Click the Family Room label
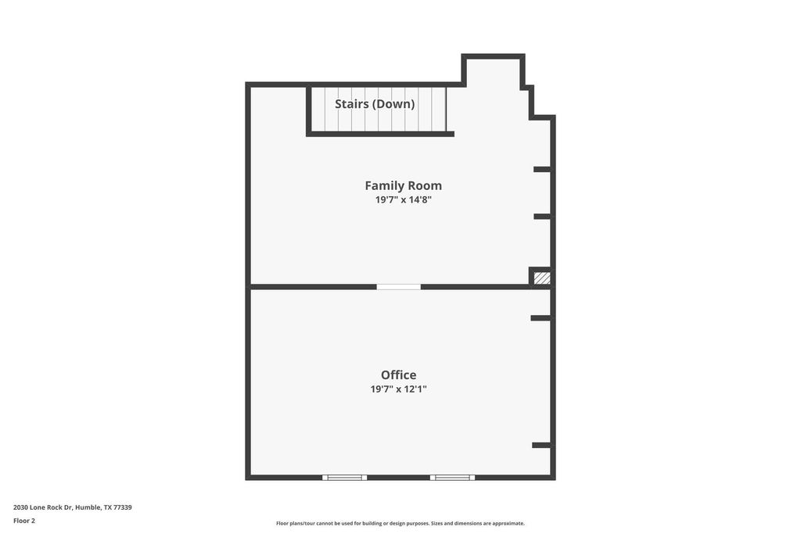tap(403, 186)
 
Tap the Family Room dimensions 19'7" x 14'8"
tap(403, 199)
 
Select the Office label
tap(398, 375)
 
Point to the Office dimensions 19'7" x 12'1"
tap(398, 389)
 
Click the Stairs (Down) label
tap(375, 104)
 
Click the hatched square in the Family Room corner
tap(542, 278)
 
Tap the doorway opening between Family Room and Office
tap(398, 287)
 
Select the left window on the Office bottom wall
tap(344, 478)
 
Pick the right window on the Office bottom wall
tap(452, 478)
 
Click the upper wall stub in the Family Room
tap(542, 170)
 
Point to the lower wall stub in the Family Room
tap(542, 217)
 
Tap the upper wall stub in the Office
tap(541, 318)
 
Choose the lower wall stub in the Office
tap(541, 446)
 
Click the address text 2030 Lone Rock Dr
tap(43, 507)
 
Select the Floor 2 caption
tap(24, 521)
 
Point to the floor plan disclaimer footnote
tap(400, 523)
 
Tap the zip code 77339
tap(123, 507)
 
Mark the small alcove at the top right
tap(493, 71)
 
